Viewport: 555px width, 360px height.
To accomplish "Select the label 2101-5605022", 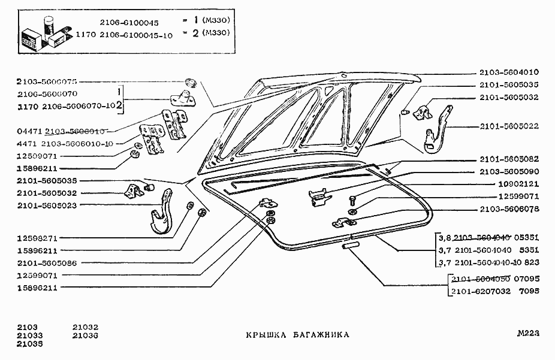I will [509, 126].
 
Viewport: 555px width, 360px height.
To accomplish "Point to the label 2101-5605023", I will [46, 205].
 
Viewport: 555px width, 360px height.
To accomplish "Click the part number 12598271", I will [37, 238].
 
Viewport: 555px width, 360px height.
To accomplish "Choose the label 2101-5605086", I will [46, 263].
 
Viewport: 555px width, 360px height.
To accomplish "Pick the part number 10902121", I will [518, 184].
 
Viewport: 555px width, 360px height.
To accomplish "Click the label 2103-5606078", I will [509, 209].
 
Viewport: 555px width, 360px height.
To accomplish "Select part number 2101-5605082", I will [509, 159].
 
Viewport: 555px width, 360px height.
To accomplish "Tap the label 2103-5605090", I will [509, 171].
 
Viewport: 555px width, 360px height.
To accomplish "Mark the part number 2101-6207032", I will [480, 291].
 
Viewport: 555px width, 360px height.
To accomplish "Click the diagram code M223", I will [529, 334].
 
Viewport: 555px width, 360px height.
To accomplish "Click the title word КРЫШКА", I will [265, 335].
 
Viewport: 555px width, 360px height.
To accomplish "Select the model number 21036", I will [85, 336].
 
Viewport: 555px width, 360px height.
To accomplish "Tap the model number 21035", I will [29, 344].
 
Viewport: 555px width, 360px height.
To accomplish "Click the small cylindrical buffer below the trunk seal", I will [350, 245].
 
